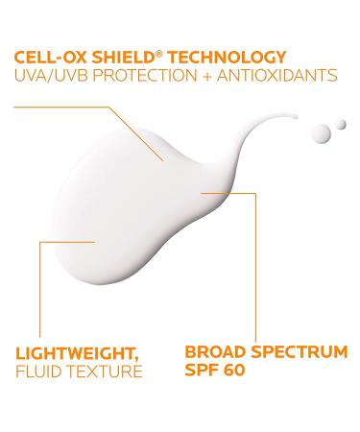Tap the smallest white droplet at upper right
(x=341, y=125)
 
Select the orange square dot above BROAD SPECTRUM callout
(x=201, y=193)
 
